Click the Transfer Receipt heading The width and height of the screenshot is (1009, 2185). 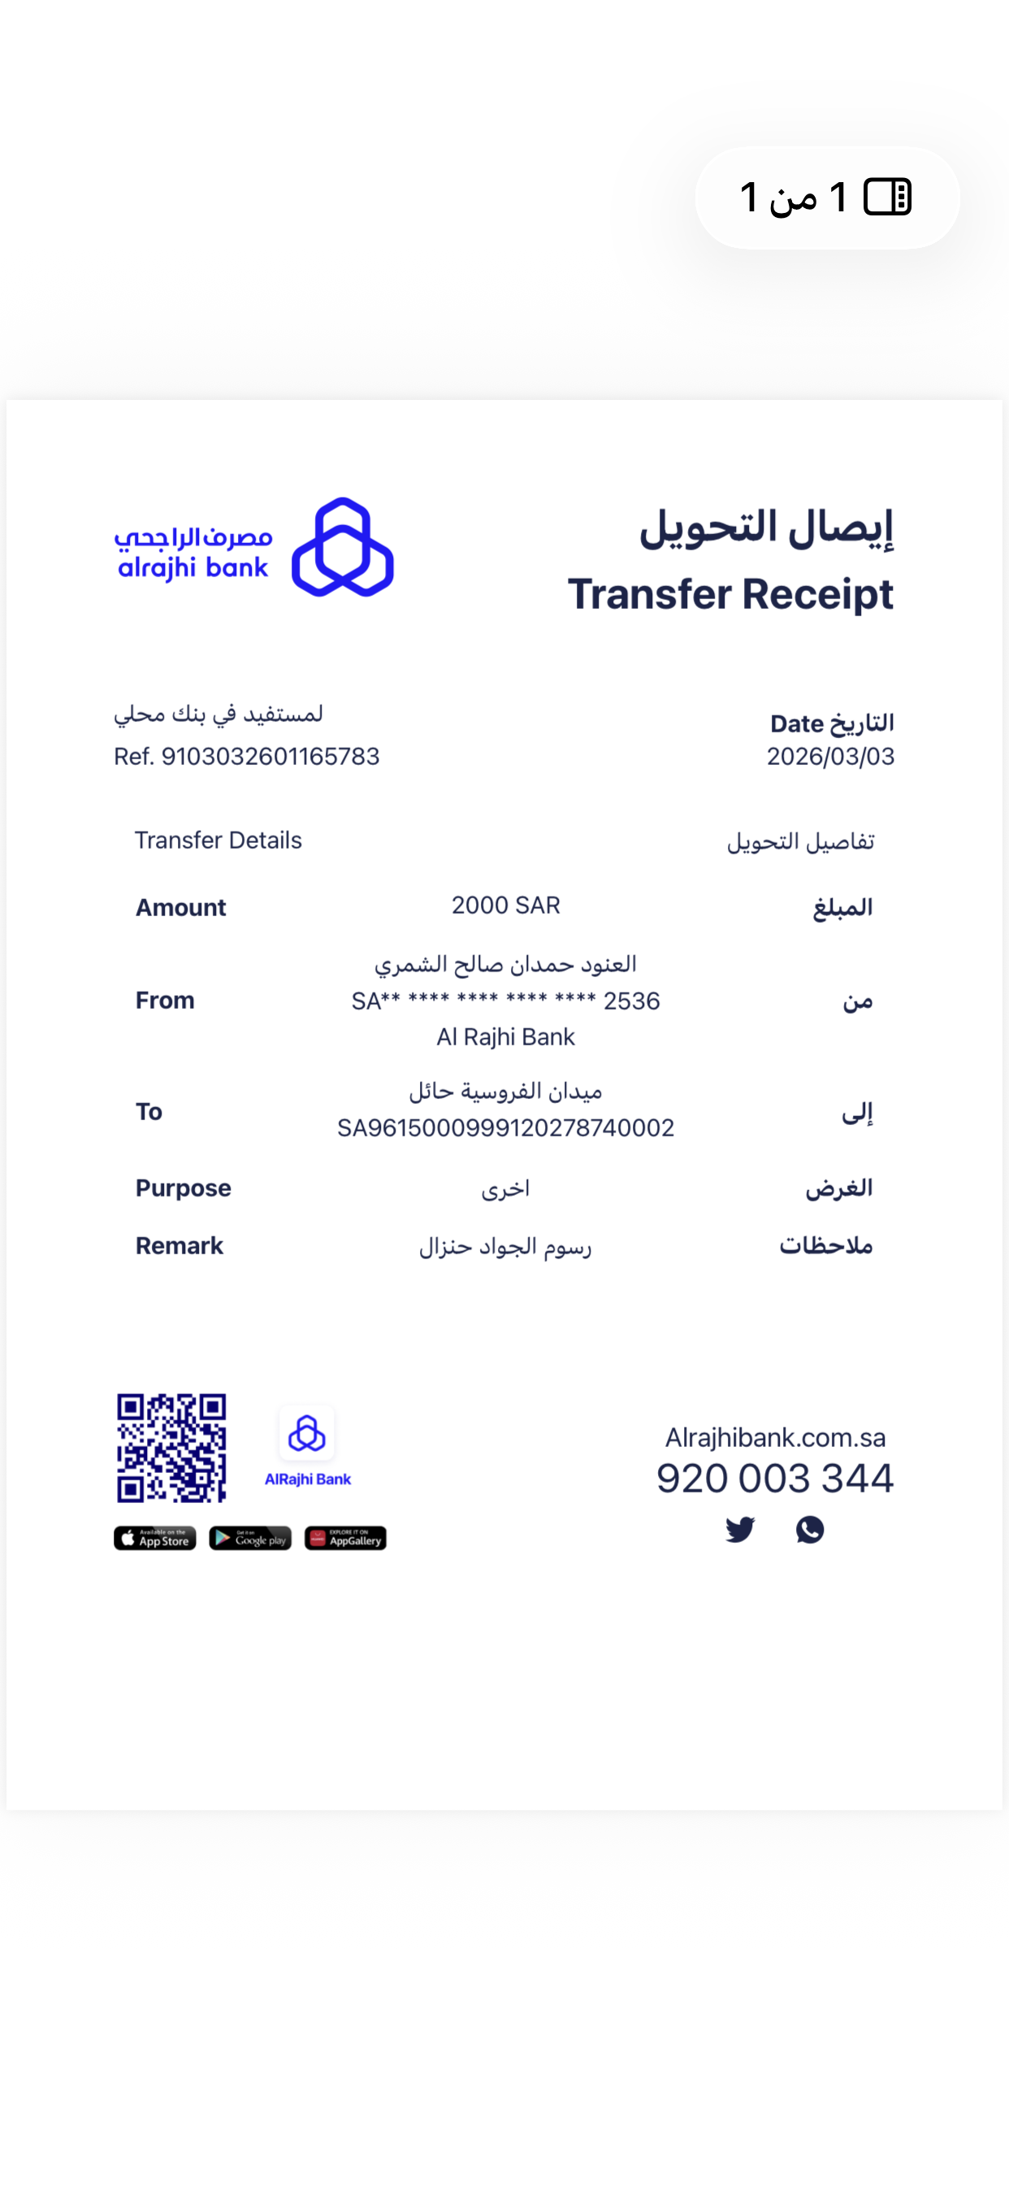point(730,593)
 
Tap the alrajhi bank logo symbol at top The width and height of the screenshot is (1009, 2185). point(343,547)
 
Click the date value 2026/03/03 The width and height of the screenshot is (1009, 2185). point(830,757)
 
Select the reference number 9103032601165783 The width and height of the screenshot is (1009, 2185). point(270,757)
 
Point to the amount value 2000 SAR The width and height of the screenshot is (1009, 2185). point(505,906)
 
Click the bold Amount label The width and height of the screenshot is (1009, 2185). point(180,908)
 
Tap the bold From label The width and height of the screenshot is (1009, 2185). point(166,1000)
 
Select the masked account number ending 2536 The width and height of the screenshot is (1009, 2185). point(505,1001)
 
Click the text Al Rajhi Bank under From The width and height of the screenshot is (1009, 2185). point(505,1037)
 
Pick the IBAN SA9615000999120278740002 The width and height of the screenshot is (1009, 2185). point(505,1128)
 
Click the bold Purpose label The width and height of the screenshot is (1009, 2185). point(183,1188)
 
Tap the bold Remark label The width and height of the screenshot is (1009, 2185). point(179,1245)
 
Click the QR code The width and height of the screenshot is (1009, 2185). point(171,1448)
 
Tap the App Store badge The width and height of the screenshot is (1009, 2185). point(155,1539)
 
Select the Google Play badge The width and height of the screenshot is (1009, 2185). point(250,1539)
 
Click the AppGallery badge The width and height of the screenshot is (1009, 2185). point(345,1539)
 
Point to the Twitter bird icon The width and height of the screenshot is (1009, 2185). point(739,1529)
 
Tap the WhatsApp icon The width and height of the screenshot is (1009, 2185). point(810,1529)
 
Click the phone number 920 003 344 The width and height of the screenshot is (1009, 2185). point(774,1479)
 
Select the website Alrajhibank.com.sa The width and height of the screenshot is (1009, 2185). point(775,1438)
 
